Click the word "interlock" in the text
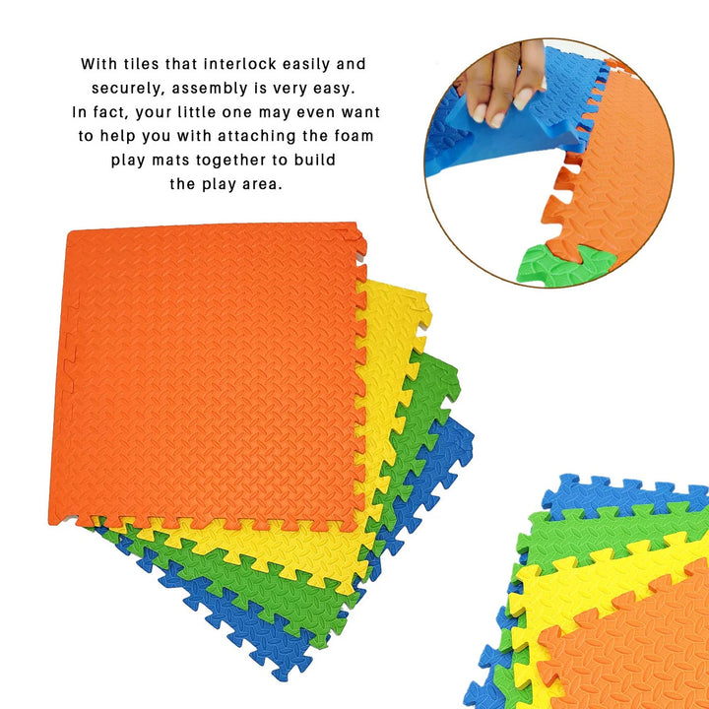(x=239, y=64)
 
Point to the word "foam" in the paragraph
(x=356, y=136)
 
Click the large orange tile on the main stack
(x=208, y=375)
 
